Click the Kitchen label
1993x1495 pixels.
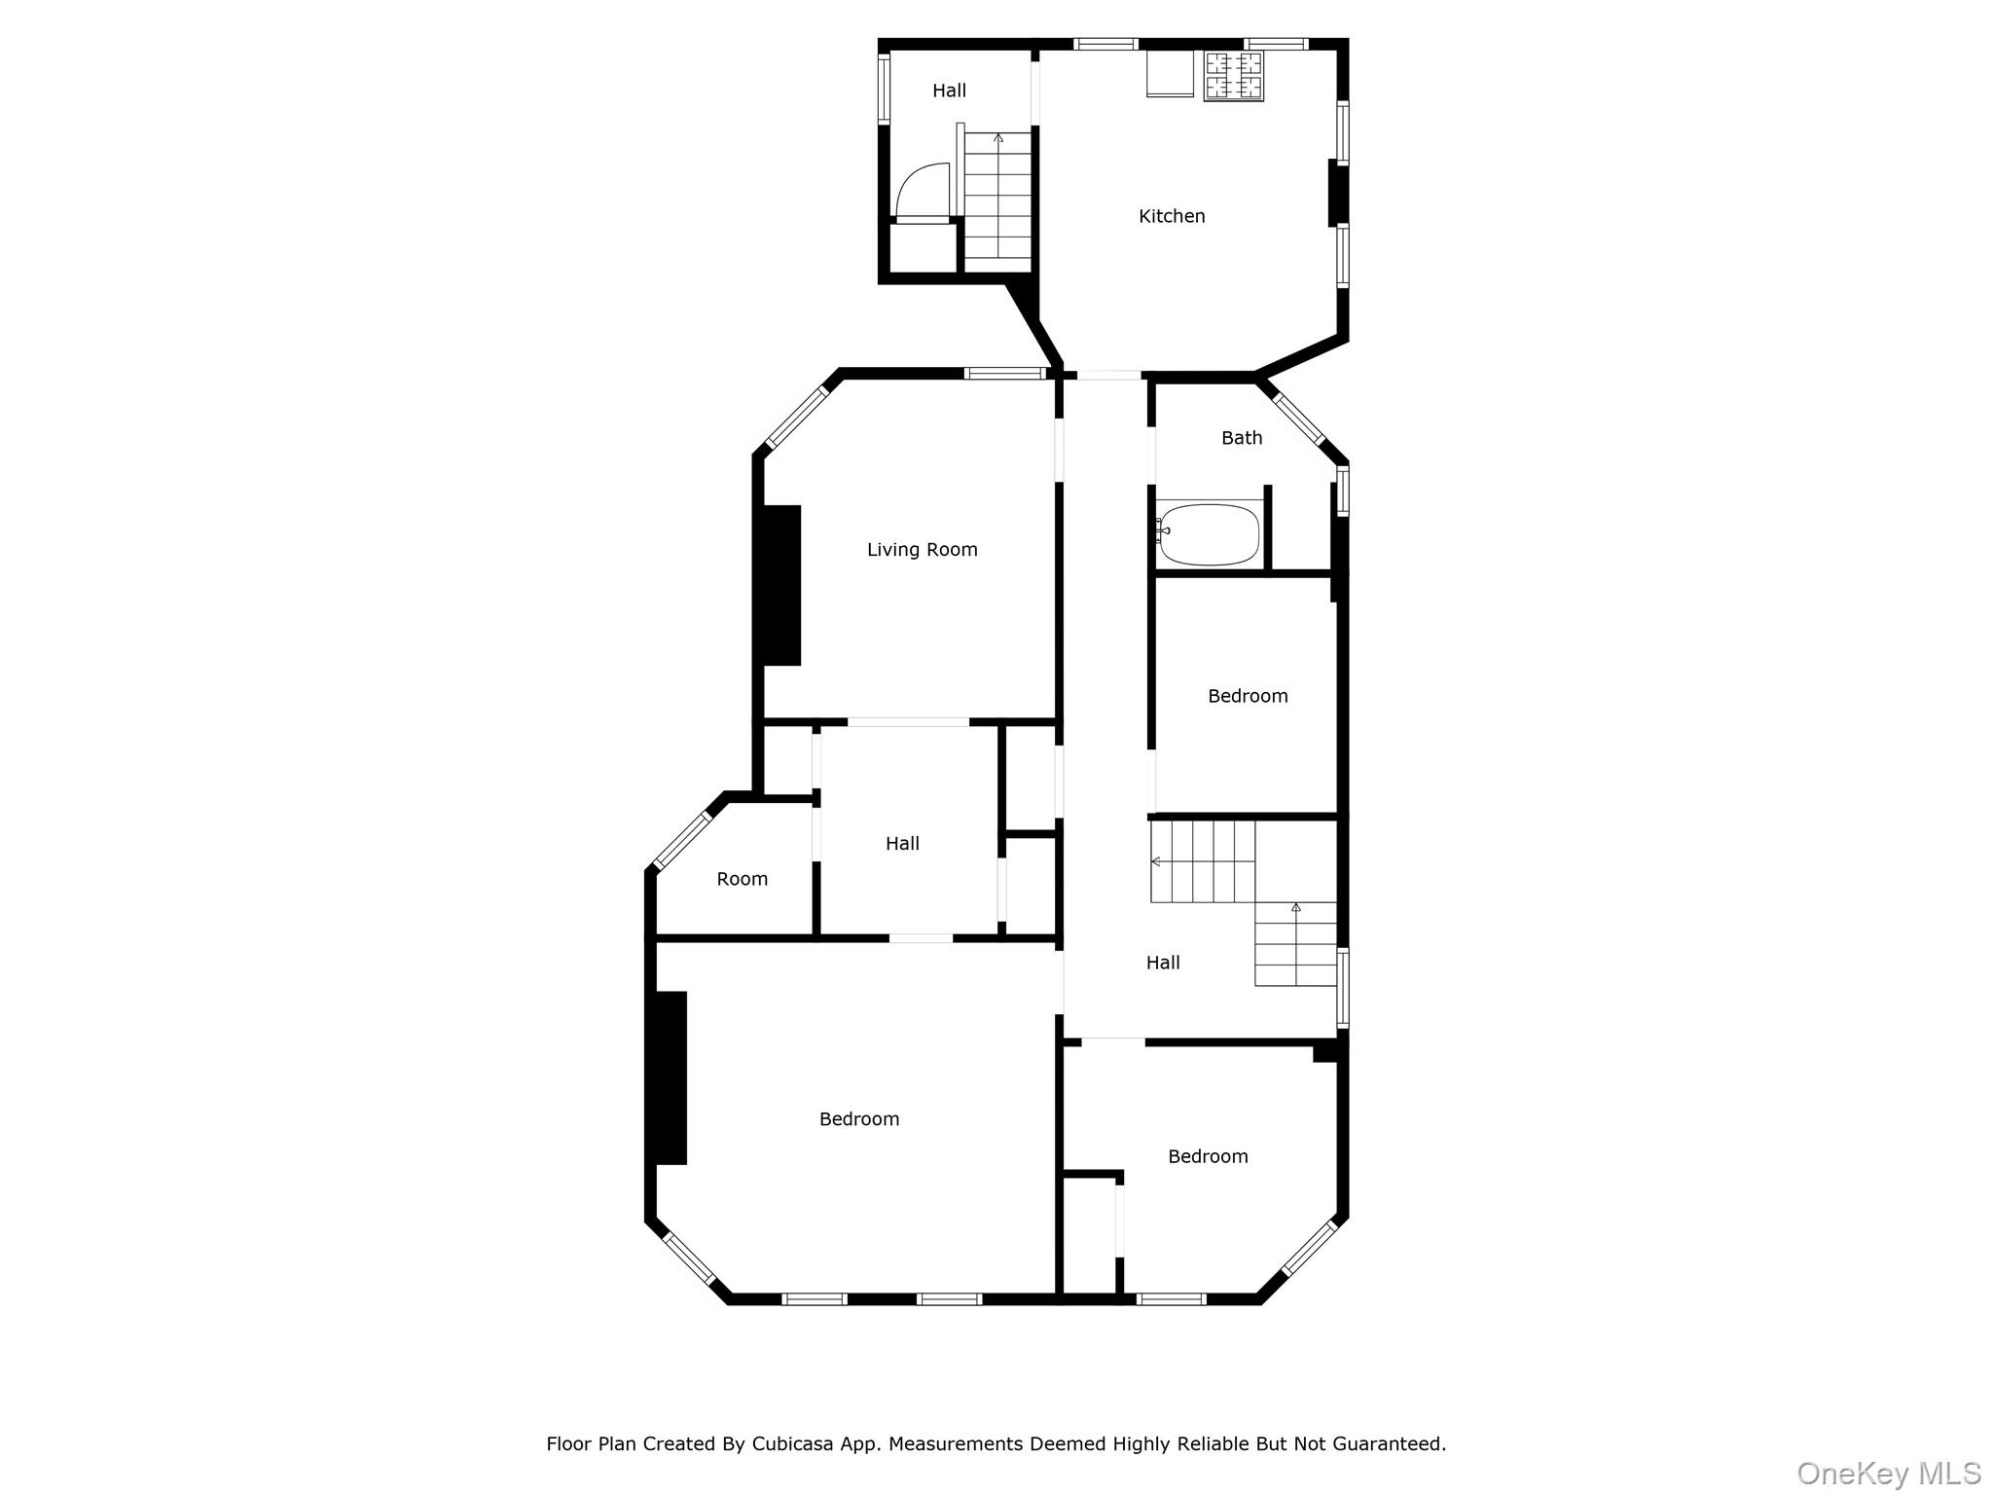(1172, 216)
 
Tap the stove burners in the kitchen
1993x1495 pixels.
(1234, 75)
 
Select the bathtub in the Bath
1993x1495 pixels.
(1210, 534)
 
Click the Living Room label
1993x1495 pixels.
(922, 550)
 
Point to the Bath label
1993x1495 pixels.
(1242, 438)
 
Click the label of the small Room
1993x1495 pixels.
(742, 879)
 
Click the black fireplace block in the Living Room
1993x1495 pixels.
(781, 585)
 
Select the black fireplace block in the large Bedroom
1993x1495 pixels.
(670, 1077)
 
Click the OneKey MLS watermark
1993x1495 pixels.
(1888, 1473)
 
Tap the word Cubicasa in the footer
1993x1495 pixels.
(792, 1443)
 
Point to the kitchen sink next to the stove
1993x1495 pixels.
(1170, 74)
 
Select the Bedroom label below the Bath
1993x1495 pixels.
(1248, 696)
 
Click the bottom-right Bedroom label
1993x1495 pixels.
(1208, 1156)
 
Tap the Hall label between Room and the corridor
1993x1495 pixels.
(902, 844)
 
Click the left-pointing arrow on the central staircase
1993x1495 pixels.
(1156, 861)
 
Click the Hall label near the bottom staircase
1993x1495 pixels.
(1163, 963)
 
